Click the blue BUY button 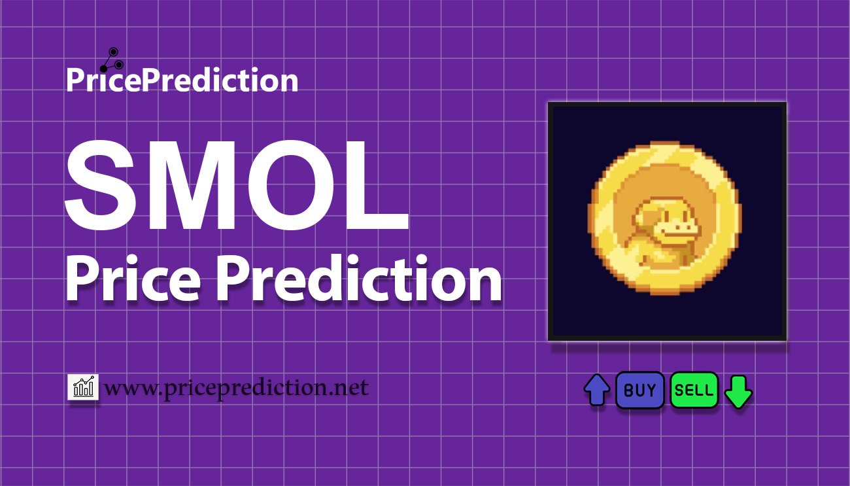click(x=639, y=390)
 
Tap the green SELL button click(x=694, y=390)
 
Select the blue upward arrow click(x=597, y=390)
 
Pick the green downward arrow click(x=738, y=392)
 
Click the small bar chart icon click(x=83, y=387)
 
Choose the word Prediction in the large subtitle click(x=359, y=278)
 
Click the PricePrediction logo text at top click(x=182, y=80)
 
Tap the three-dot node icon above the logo click(x=112, y=60)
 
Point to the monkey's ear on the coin click(x=641, y=220)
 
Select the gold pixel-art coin click(x=664, y=218)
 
